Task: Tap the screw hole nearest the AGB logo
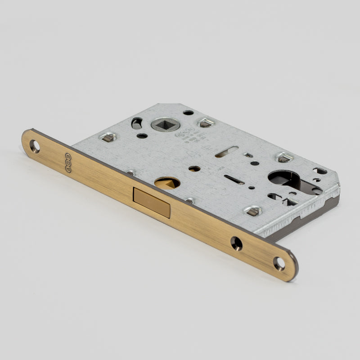click(x=35, y=145)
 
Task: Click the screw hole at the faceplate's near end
click(x=279, y=263)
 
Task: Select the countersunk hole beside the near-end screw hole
click(x=236, y=243)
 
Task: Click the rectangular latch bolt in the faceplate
click(x=152, y=202)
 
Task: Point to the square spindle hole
click(x=162, y=123)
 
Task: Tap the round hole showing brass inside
click(x=167, y=182)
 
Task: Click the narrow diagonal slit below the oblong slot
click(x=234, y=180)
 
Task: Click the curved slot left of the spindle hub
click(x=136, y=123)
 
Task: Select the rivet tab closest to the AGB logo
click(x=108, y=137)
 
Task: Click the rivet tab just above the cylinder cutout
click(x=284, y=157)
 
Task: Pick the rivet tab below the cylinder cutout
click(x=252, y=211)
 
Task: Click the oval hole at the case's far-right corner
click(x=320, y=171)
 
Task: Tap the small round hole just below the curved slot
click(x=142, y=135)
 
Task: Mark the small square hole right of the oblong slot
click(x=248, y=155)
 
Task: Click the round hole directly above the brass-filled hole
click(x=194, y=168)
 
